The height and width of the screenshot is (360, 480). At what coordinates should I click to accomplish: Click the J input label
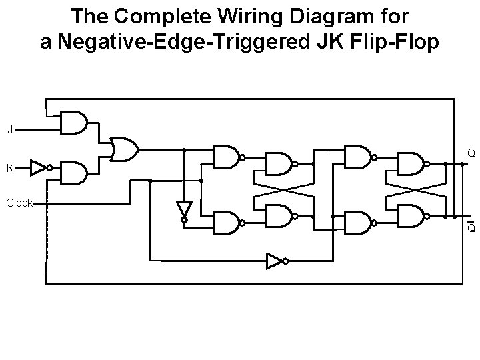(x=9, y=129)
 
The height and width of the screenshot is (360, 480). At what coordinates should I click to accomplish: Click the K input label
(x=9, y=168)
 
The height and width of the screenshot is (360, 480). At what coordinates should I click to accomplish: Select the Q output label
(x=471, y=153)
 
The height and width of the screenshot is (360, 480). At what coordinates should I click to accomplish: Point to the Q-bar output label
(x=471, y=228)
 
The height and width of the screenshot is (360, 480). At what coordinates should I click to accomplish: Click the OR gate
(x=124, y=150)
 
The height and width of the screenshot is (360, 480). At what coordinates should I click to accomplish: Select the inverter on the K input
(x=39, y=168)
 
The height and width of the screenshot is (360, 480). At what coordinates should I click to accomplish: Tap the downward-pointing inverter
(x=184, y=210)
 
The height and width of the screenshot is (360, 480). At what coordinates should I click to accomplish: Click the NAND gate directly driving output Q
(x=411, y=163)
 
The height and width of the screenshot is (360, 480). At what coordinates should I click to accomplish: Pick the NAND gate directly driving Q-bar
(x=411, y=216)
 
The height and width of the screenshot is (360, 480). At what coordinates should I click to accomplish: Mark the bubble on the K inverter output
(x=50, y=168)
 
